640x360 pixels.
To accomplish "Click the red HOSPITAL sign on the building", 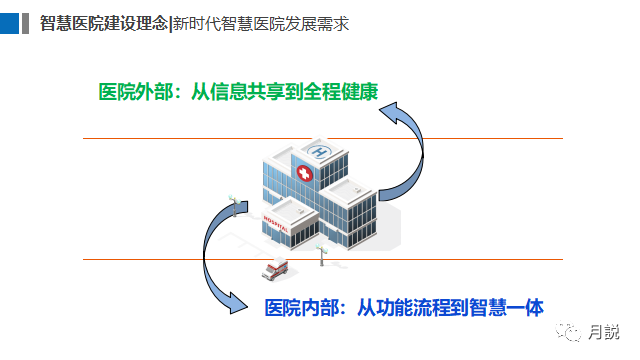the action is [275, 221].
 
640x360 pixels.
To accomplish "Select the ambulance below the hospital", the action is [274, 270].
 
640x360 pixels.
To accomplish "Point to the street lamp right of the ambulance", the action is [321, 255].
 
